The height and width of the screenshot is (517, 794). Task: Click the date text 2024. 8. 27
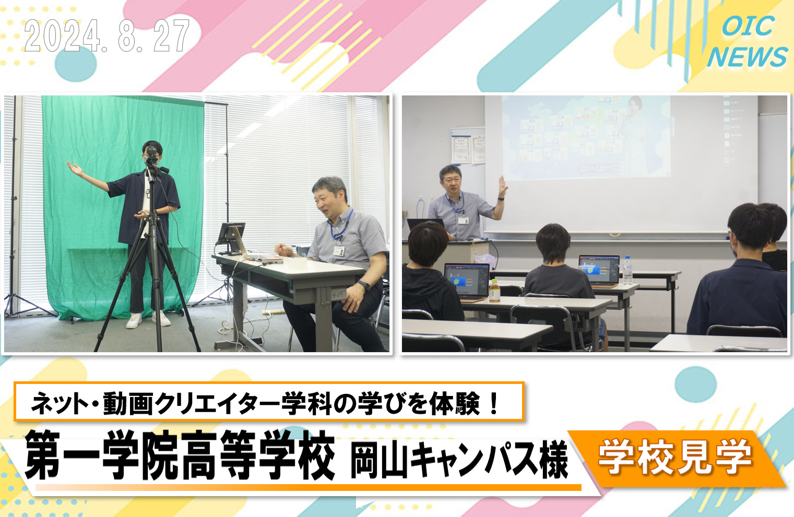[107, 36]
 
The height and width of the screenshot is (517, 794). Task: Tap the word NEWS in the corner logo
[747, 57]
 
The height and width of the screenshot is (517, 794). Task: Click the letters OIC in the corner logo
[748, 26]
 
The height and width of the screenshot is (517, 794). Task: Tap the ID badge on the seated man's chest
[339, 250]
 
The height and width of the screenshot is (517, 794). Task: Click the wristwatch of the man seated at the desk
[363, 285]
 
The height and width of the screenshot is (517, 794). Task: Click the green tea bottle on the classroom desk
[494, 291]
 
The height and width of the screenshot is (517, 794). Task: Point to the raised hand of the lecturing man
[503, 186]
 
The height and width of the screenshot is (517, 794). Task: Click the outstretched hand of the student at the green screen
[75, 168]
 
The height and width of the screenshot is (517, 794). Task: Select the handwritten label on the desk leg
[338, 294]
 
